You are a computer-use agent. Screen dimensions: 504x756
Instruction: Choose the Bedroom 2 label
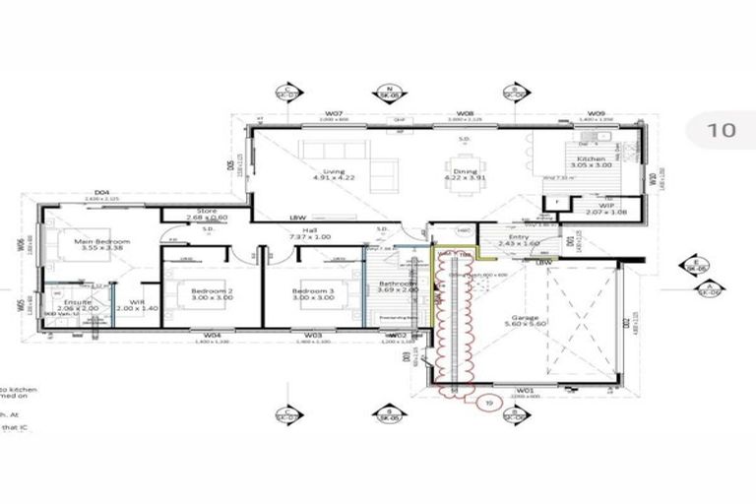pos(211,293)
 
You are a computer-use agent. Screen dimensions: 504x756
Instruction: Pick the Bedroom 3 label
pos(313,293)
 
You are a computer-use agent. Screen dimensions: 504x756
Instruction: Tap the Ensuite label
pos(77,304)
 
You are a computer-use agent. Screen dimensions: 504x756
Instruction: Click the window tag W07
pos(334,114)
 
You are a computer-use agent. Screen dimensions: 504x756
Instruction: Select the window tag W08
pos(466,114)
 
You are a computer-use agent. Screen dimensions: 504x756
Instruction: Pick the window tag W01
pos(525,390)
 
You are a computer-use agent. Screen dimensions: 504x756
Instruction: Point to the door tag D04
pos(99,194)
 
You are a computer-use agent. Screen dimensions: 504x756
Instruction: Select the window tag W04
pos(212,336)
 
